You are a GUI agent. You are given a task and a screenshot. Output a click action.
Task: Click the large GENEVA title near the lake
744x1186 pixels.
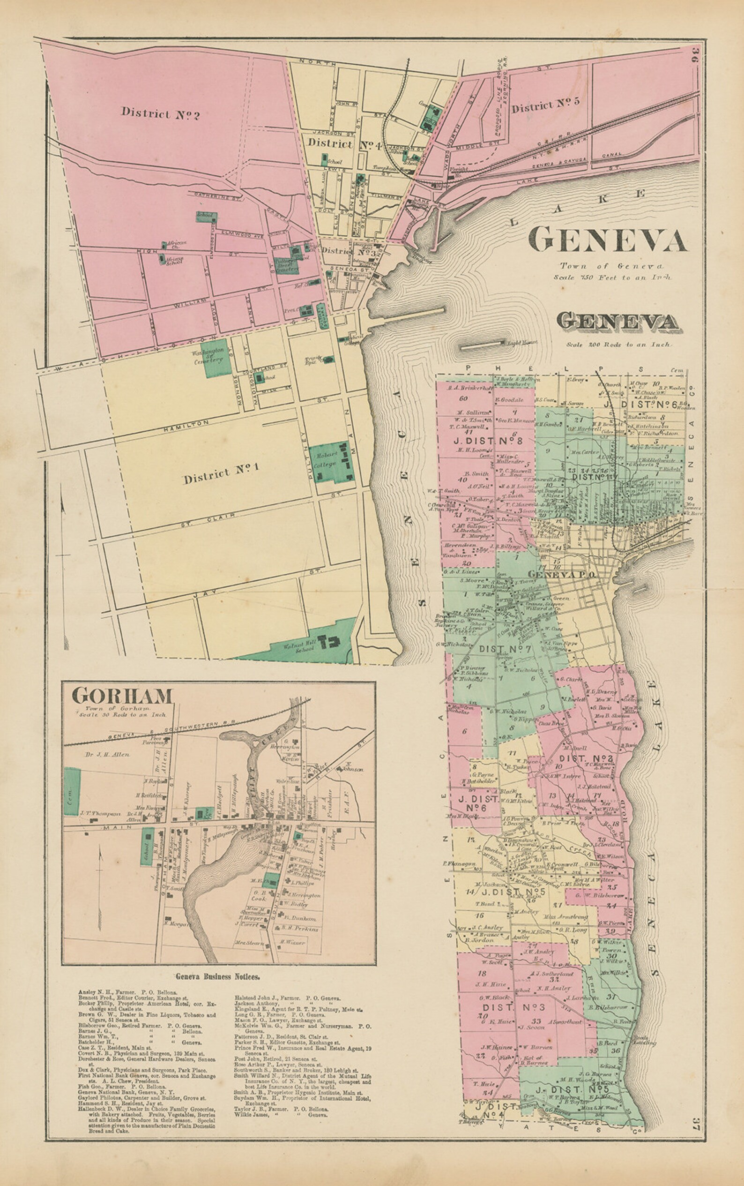point(607,240)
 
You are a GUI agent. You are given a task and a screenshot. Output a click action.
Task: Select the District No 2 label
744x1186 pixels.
point(160,113)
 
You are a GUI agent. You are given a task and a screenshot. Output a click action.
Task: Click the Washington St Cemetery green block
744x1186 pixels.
point(216,358)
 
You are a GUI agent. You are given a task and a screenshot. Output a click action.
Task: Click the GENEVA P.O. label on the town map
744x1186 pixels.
point(562,575)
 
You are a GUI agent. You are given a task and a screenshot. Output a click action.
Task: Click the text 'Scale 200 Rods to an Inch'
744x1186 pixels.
point(618,345)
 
